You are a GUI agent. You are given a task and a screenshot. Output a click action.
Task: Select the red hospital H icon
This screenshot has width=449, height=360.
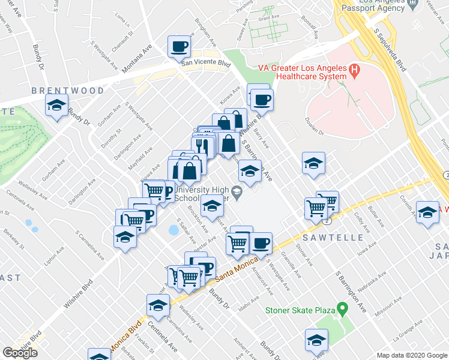click(354, 71)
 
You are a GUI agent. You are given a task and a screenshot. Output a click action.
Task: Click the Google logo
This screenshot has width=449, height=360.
click(20, 352)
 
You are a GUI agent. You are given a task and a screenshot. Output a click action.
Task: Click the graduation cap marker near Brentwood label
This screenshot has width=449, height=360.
click(56, 106)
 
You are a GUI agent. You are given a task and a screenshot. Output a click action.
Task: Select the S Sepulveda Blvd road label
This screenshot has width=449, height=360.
click(390, 49)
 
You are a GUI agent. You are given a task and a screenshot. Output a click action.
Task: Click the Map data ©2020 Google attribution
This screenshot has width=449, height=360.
click(412, 355)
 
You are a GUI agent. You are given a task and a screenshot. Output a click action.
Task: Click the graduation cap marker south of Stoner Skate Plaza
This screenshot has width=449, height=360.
click(316, 340)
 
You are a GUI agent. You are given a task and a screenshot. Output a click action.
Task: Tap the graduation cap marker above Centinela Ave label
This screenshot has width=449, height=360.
click(158, 305)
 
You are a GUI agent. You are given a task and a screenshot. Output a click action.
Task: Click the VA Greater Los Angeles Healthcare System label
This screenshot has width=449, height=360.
click(302, 72)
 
